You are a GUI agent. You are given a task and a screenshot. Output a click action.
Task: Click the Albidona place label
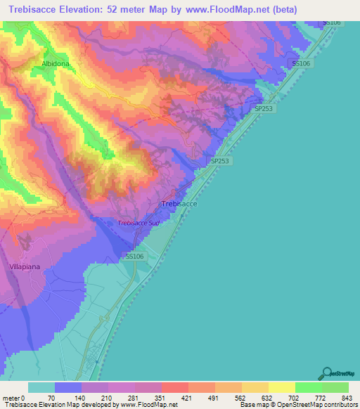(x=57, y=63)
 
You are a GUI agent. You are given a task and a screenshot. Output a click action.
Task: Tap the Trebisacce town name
(x=179, y=203)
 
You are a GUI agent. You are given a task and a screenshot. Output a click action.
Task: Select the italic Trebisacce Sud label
(x=139, y=223)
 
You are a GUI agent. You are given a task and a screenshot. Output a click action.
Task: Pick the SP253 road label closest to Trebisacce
(x=220, y=161)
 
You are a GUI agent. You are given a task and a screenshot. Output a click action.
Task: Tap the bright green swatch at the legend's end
(x=335, y=387)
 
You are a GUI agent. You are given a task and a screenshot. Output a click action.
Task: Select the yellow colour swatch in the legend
(x=281, y=387)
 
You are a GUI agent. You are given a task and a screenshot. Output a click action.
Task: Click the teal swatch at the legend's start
(x=41, y=387)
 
